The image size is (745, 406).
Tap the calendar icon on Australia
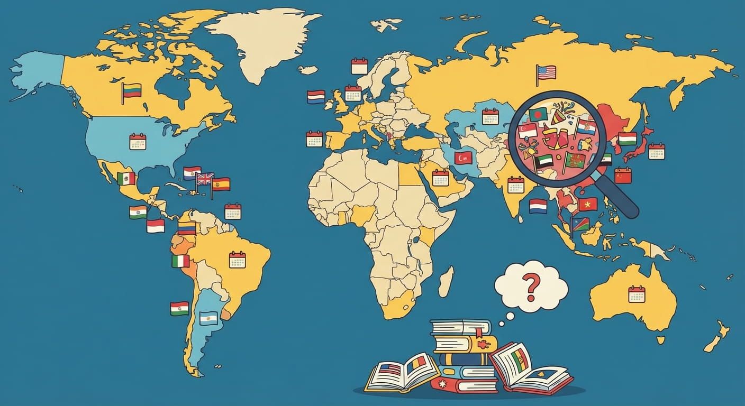(637, 294)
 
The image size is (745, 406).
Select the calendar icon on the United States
(138, 142)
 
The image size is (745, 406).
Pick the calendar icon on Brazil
(237, 260)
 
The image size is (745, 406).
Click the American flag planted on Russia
(547, 72)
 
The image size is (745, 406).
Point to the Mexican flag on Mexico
(126, 178)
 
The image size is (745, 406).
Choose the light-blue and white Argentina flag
(208, 318)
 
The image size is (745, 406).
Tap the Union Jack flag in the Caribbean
(205, 179)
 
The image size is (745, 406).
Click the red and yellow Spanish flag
(221, 184)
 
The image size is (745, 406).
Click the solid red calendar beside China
(623, 175)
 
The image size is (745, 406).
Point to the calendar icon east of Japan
(656, 151)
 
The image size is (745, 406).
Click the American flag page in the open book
(390, 370)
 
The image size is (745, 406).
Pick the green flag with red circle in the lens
(538, 114)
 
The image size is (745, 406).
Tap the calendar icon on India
(515, 184)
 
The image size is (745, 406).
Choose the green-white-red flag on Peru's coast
(180, 261)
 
